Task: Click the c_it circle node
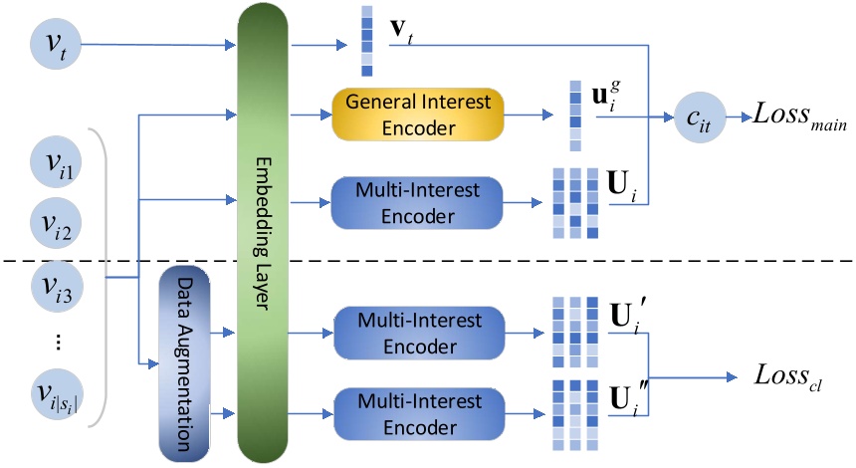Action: (x=697, y=117)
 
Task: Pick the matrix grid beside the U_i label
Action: (x=576, y=202)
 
